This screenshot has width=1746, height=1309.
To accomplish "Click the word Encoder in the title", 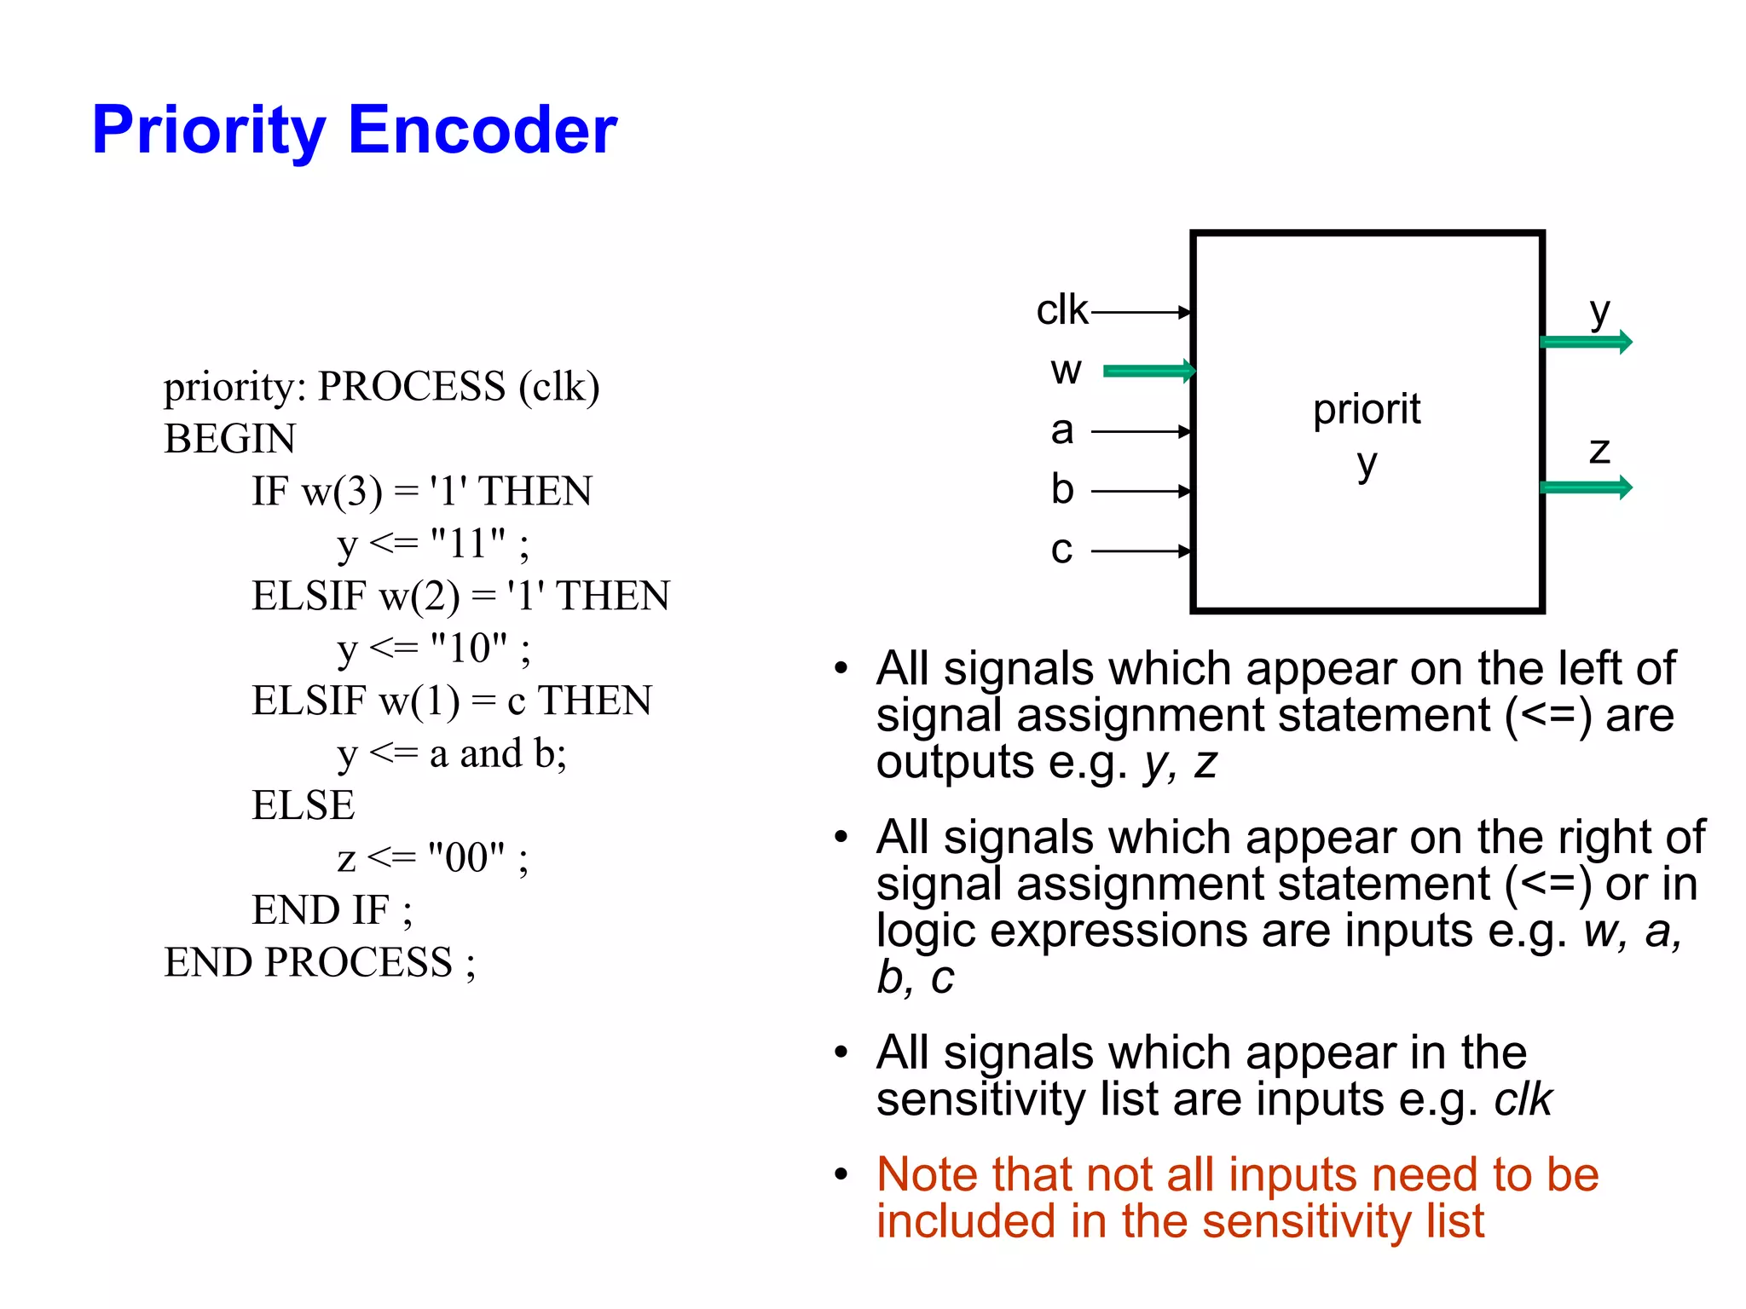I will point(483,130).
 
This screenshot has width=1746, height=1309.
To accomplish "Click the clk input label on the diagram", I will point(1061,309).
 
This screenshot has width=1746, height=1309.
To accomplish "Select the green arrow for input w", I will point(1148,371).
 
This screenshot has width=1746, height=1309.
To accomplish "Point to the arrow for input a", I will point(1141,432).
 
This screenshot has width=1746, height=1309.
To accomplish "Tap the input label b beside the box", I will point(1061,489).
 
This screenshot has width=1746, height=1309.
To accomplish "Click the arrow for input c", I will point(1141,551).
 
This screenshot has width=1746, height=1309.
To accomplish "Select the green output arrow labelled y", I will point(1586,343).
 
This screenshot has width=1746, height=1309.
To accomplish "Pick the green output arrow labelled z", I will point(1586,487).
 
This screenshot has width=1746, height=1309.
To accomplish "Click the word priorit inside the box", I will point(1367,409).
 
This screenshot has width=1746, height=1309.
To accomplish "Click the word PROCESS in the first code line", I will point(412,387).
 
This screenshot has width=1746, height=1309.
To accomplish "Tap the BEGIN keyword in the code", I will point(230,439).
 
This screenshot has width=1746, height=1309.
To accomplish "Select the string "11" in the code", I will point(467,544).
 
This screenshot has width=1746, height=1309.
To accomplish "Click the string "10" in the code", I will point(468,649).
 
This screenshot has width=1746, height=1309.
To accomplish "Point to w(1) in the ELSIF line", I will point(419,701).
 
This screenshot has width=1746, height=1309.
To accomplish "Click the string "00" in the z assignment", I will point(466,858).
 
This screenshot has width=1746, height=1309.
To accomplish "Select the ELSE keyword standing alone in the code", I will point(303,805).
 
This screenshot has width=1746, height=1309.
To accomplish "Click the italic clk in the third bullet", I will point(1523,1099).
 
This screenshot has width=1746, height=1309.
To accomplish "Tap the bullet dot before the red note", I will point(841,1174).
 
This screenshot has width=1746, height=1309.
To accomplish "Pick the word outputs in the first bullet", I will point(955,762).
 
